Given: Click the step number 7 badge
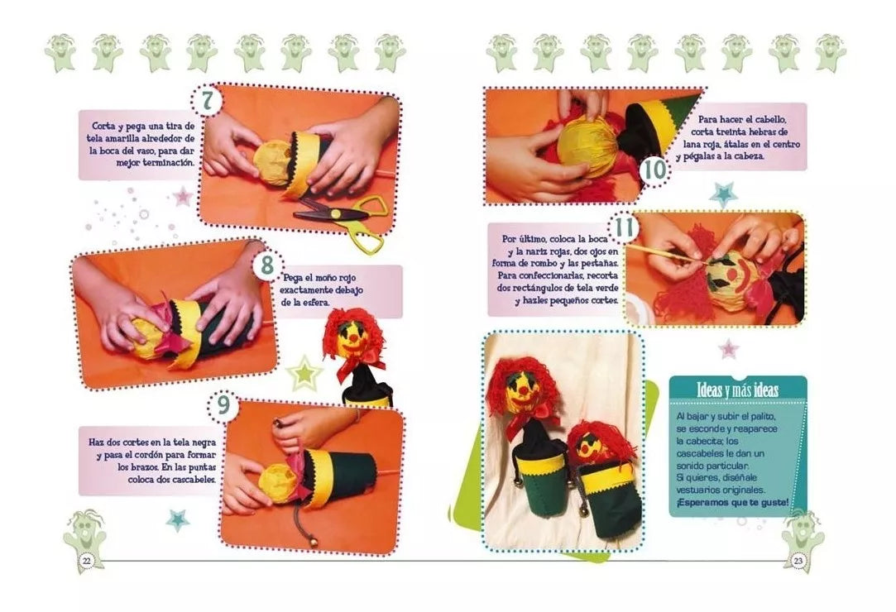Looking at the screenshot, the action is coord(207,101).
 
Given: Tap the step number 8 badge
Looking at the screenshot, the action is coord(267,265).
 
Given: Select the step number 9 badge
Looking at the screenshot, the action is coord(223,404).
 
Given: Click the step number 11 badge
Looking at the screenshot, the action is coord(625,227).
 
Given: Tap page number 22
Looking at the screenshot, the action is coord(86,560).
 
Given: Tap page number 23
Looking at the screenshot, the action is coord(798,560).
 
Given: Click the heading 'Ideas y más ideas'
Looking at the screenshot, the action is coord(737,390).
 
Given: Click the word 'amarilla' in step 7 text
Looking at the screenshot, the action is coord(134,139).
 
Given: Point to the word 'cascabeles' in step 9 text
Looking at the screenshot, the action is coord(192,479).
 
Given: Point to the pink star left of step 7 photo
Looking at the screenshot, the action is coord(182,196).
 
